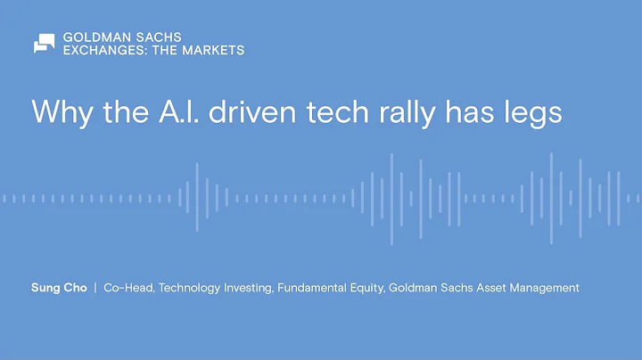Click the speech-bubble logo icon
[44, 44]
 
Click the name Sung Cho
[58, 288]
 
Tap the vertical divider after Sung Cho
[95, 288]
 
